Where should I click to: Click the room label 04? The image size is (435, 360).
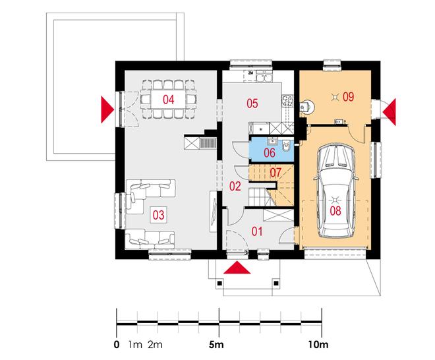pyautogui.click(x=169, y=100)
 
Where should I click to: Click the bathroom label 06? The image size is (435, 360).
pyautogui.click(x=270, y=152)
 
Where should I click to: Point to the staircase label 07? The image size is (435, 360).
pyautogui.click(x=276, y=173)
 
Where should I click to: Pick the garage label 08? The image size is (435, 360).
pyautogui.click(x=335, y=212)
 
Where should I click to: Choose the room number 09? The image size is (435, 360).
pyautogui.click(x=348, y=96)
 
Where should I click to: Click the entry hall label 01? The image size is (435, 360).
pyautogui.click(x=257, y=231)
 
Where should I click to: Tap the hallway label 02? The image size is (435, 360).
pyautogui.click(x=235, y=187)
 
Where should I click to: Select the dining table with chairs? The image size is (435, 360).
pyautogui.click(x=169, y=100)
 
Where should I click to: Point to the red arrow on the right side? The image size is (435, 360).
pyautogui.click(x=389, y=109)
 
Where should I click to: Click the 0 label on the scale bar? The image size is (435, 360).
pyautogui.click(x=117, y=344)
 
